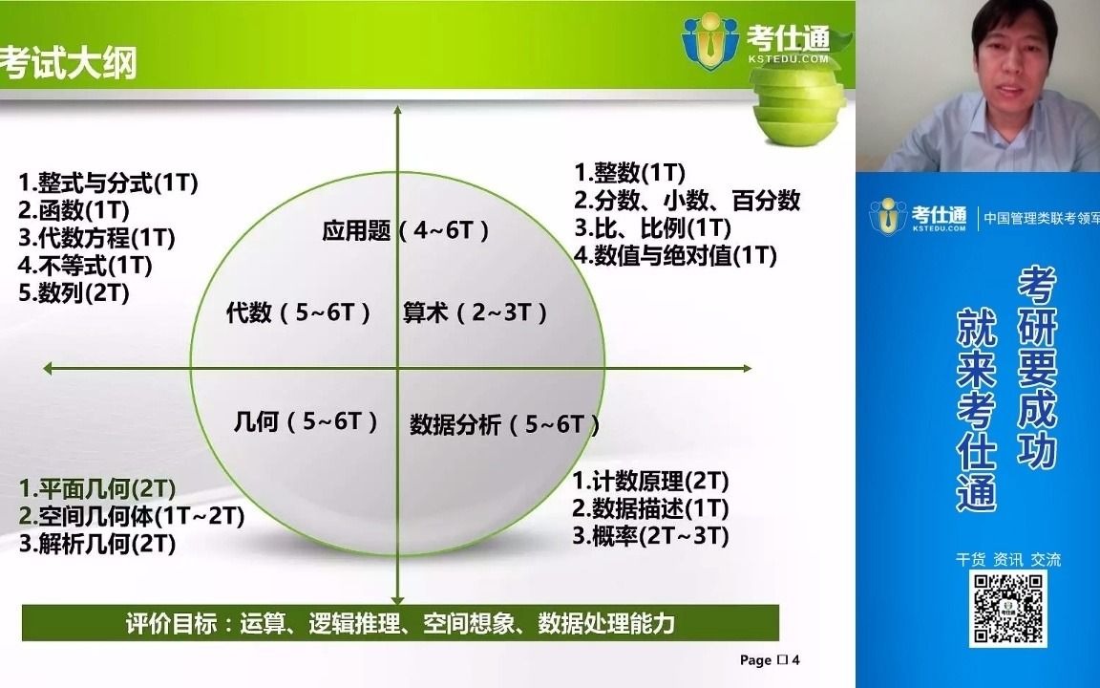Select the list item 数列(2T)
coord(74,293)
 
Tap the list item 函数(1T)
coord(74,210)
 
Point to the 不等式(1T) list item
coord(86,266)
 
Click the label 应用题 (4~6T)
coord(406,230)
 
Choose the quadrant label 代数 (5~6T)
coord(298,312)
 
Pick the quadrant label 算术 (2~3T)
coord(475,312)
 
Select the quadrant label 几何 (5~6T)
coord(306,421)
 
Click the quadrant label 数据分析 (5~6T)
coord(504,425)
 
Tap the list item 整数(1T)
coord(630,173)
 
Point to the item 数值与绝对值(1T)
coord(676,255)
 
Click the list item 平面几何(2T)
coord(97,489)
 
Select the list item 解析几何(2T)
coord(97,545)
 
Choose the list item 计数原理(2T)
coord(651,481)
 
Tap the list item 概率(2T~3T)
coord(651,536)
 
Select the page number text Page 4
coord(769,660)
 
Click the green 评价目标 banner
coord(400,624)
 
